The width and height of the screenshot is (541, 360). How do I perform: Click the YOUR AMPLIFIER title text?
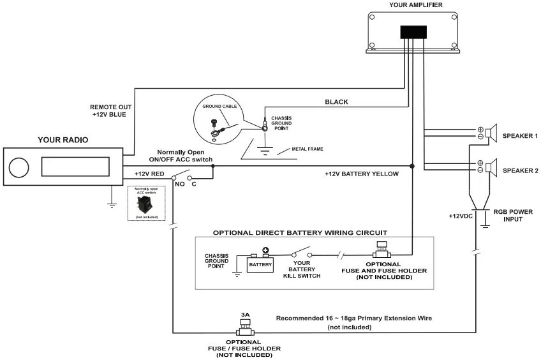[x=415, y=5]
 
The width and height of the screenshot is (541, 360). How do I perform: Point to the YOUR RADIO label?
[x=63, y=140]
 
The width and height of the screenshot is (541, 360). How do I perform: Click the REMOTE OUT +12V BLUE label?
[x=108, y=111]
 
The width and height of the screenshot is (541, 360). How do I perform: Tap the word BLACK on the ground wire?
[x=336, y=102]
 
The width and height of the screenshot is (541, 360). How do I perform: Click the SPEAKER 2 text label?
[x=521, y=170]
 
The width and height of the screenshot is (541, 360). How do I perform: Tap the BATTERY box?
[x=260, y=263]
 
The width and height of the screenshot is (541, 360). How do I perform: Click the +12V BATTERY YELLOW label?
[x=361, y=174]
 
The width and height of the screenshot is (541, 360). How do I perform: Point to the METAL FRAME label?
[x=308, y=149]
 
